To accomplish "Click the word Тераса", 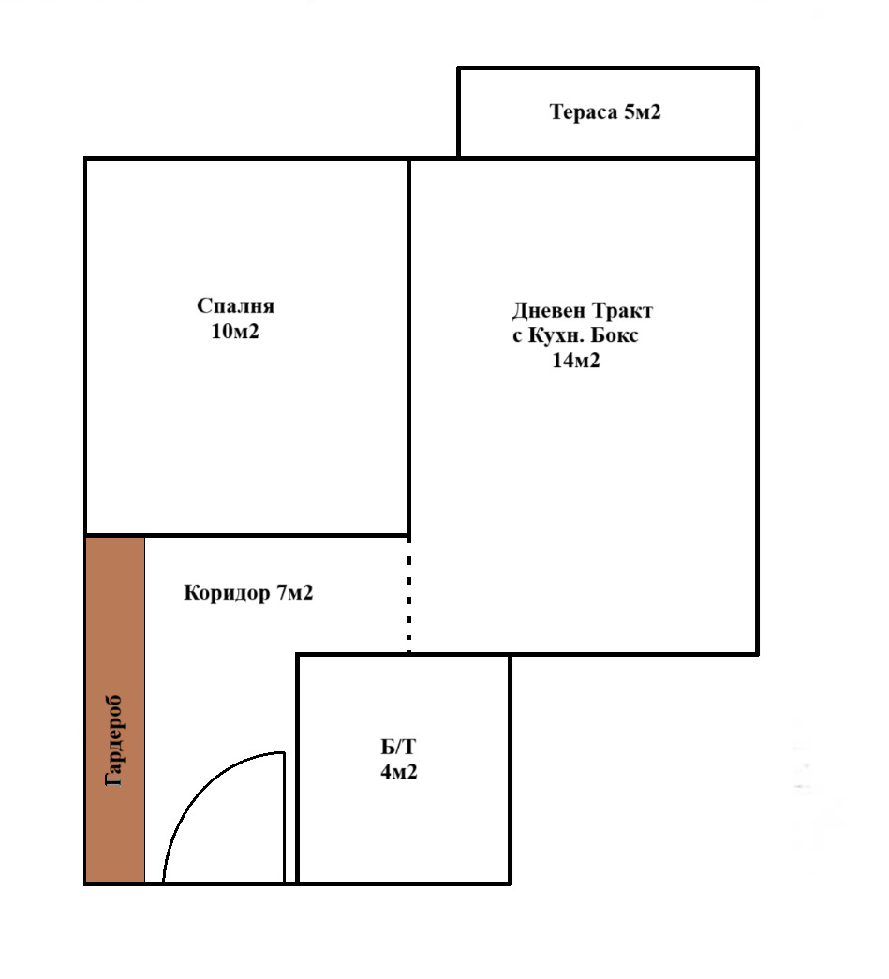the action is click(583, 112).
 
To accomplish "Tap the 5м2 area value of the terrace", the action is click(643, 111).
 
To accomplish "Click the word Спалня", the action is click(235, 305).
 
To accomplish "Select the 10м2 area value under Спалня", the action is click(235, 331).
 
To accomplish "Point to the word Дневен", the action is click(549, 310).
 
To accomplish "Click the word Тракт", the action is click(622, 310).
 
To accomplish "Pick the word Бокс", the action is click(615, 335).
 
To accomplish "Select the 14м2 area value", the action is click(575, 361).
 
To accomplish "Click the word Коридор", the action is click(227, 592).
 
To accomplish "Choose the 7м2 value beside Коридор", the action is click(295, 592).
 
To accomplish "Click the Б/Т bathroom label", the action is click(398, 747).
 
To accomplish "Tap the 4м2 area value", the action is click(399, 772).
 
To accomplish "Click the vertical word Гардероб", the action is click(115, 740).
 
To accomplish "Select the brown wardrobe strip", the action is click(115, 710).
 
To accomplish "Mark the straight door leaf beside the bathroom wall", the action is click(285, 817).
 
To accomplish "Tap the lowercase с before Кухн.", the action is click(517, 336).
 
